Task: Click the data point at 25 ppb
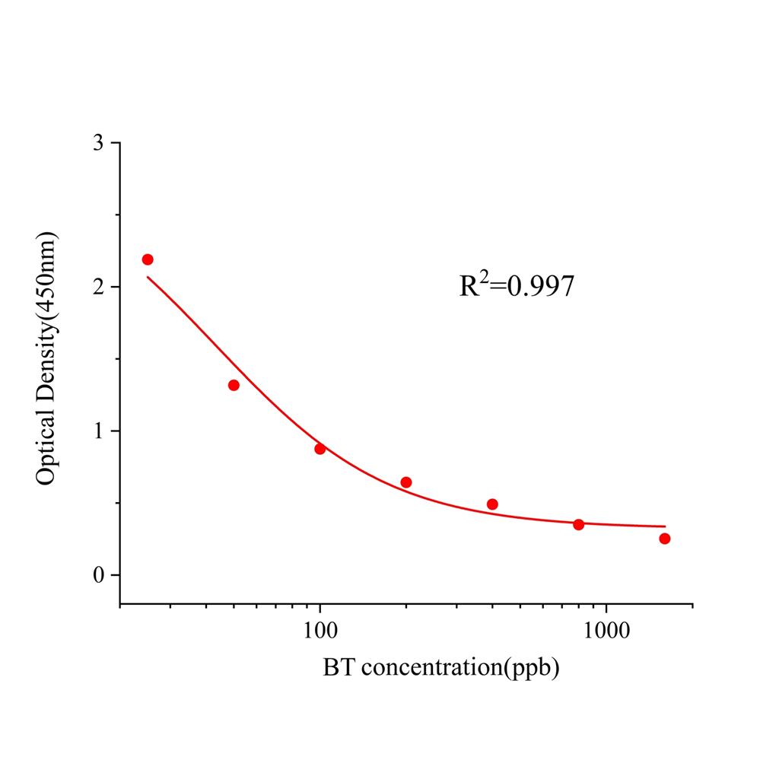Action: click(148, 259)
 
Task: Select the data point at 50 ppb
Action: click(234, 385)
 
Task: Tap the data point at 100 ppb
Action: click(320, 449)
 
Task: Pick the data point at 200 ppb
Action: click(406, 482)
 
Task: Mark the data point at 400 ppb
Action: click(492, 504)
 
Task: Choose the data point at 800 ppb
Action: click(579, 524)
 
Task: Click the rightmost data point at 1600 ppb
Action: click(665, 539)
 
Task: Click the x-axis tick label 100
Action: click(320, 631)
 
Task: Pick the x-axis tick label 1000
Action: click(606, 631)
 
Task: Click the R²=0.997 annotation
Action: click(517, 285)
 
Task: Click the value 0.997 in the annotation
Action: click(541, 287)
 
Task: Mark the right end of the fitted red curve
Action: click(665, 526)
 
